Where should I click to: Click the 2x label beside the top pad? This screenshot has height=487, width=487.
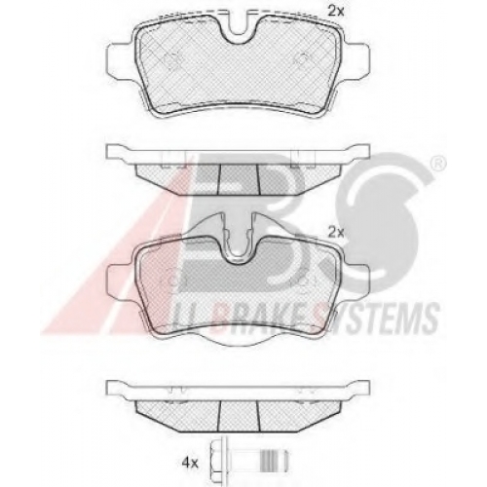pyautogui.click(x=335, y=13)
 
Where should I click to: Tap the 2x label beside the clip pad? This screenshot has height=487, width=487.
pyautogui.click(x=335, y=233)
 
